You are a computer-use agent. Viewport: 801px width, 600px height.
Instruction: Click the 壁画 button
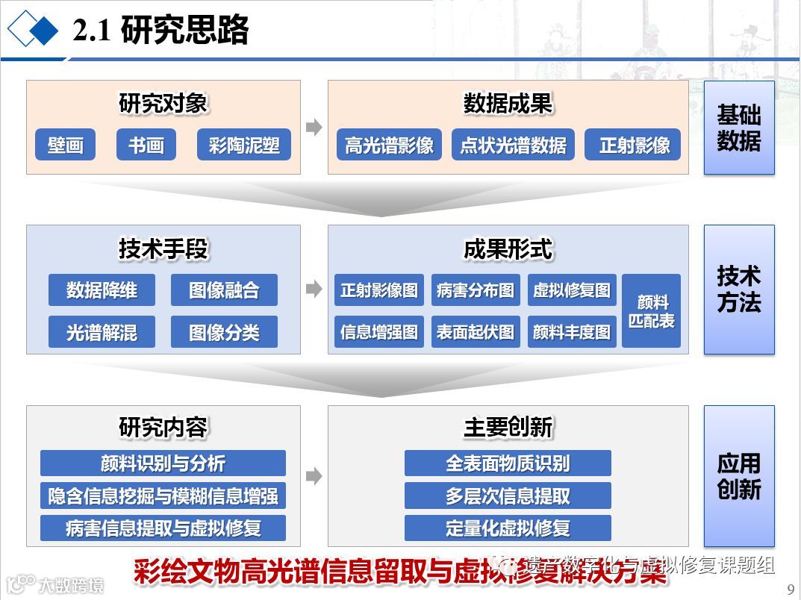(65, 145)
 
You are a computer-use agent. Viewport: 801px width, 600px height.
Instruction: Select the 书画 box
(146, 145)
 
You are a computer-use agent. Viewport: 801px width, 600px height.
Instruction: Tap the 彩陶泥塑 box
(243, 145)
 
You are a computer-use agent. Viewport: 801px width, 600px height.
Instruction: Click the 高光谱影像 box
(388, 145)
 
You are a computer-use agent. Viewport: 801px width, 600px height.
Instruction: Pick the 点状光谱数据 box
(513, 145)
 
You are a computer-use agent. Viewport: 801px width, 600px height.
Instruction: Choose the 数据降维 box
(102, 290)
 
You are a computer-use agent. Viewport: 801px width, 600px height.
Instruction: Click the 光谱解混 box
(102, 332)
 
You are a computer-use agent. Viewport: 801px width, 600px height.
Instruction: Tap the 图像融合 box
(224, 290)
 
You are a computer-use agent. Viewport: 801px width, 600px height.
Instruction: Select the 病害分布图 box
(476, 290)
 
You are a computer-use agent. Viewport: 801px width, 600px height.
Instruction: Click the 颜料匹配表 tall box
(651, 311)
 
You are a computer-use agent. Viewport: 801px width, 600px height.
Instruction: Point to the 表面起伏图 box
(476, 332)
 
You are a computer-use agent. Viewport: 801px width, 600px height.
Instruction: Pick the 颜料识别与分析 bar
(163, 463)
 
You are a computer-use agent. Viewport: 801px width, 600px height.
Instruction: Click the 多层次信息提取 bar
(508, 496)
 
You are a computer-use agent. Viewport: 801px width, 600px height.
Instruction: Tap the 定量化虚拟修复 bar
(508, 528)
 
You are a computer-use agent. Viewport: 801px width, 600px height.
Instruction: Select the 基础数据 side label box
(739, 128)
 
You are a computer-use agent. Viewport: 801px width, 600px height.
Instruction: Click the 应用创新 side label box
(739, 476)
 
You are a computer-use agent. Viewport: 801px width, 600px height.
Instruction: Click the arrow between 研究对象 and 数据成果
(314, 127)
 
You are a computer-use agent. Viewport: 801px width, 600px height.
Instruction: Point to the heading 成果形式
(508, 249)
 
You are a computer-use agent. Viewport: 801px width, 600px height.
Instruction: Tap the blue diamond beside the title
(43, 31)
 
